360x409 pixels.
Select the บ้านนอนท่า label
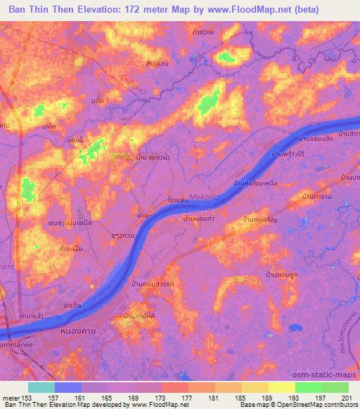(x=198, y=220)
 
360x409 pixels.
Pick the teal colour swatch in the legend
(x=41, y=387)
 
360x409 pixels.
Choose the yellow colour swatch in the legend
(x=281, y=387)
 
